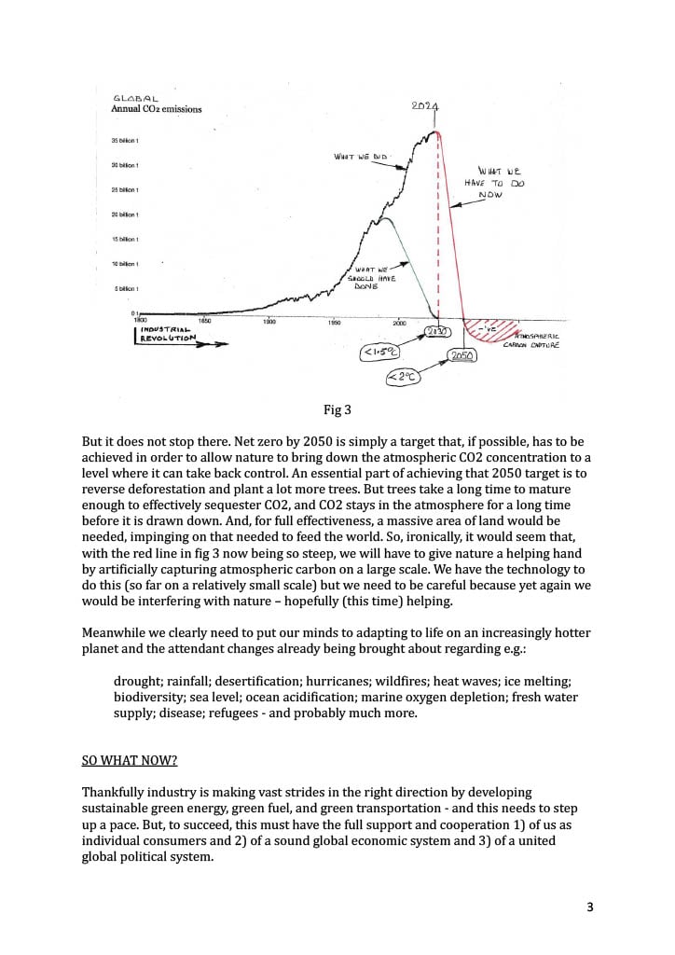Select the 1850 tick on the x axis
point(205,321)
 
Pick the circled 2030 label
point(438,332)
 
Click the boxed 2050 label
point(462,356)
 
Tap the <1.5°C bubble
point(379,353)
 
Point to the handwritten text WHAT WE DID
point(360,157)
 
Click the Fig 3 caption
point(337,409)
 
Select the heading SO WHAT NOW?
point(130,759)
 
